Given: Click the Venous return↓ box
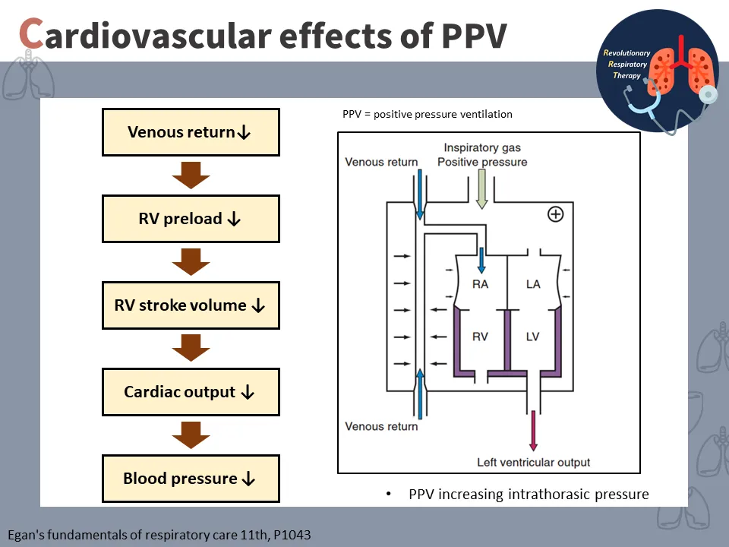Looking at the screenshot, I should (191, 132).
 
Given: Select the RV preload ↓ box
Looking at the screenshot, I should (191, 219).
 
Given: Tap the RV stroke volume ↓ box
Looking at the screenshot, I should (191, 305).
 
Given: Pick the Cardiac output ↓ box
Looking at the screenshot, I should (191, 392).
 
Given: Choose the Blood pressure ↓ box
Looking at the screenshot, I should (191, 479).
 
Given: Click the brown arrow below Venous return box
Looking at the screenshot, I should (191, 175).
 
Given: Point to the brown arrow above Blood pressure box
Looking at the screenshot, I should (191, 435).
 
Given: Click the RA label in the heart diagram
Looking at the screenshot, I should (480, 284).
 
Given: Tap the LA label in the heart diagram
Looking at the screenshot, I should (533, 284).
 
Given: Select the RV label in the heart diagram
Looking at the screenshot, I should (480, 337).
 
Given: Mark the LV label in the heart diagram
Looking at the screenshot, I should (533, 337).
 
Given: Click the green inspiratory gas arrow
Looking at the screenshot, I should (481, 190).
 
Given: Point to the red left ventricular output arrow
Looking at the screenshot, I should (533, 432).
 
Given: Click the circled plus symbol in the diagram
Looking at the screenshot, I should (556, 214).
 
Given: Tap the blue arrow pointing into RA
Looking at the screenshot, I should (481, 259).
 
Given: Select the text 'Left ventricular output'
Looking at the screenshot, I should (533, 462).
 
